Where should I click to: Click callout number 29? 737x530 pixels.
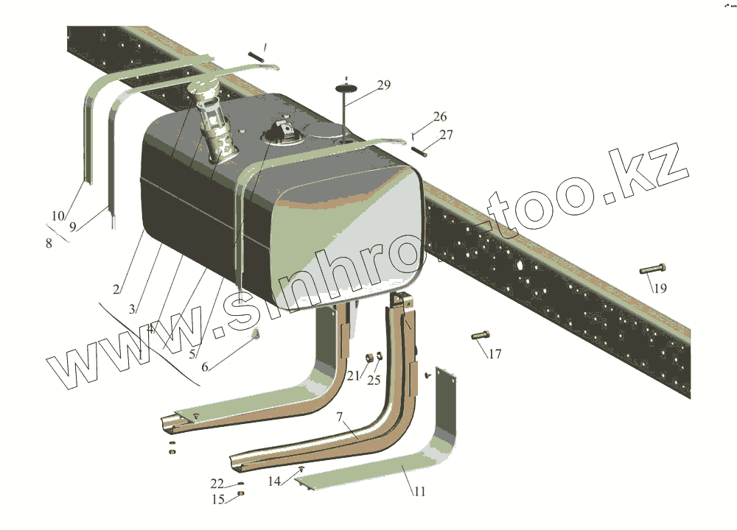[383, 85]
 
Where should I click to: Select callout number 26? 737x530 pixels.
[440, 117]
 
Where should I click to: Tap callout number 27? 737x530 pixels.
[447, 135]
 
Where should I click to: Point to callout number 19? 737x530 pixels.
[660, 288]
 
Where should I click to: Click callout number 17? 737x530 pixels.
[495, 354]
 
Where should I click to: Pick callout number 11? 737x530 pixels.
[419, 491]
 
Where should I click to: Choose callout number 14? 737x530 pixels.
[273, 482]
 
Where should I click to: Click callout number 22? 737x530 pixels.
[217, 483]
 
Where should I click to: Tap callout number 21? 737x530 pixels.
[354, 376]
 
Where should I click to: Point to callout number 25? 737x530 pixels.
[374, 380]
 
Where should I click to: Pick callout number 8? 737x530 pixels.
[49, 243]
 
